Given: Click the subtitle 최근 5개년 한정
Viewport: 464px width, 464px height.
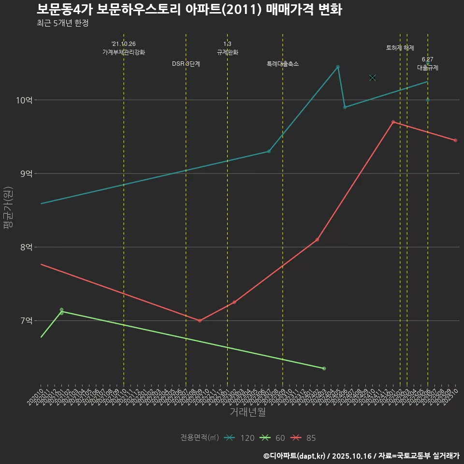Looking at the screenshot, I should pos(62,23).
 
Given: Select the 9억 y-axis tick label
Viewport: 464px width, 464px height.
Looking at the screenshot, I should pos(26,174).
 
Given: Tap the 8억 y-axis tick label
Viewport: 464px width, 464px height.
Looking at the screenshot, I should pos(26,247).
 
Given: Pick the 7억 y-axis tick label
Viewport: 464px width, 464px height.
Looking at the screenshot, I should pos(26,320).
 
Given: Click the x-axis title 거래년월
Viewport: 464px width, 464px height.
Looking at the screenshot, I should pos(247,412).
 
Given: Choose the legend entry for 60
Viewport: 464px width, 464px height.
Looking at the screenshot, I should pos(272,438).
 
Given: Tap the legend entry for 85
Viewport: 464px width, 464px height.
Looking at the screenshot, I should pos(303,438).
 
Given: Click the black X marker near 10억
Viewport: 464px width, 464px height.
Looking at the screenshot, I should pos(372,78).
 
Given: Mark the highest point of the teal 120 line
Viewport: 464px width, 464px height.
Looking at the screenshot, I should pos(338,67).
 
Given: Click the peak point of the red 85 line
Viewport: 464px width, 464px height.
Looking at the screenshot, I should pos(393,122).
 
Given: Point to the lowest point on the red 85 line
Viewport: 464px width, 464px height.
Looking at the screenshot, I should pos(200,321).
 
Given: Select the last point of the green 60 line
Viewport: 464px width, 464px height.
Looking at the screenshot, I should pos(324,369).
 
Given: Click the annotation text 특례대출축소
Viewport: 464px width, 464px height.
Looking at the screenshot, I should pos(283,64).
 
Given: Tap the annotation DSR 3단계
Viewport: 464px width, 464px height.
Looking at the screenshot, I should pos(186,64).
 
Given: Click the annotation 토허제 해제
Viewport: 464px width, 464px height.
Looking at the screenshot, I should pos(400,48).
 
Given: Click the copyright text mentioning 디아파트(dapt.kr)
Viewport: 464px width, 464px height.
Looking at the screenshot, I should pos(361,455).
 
